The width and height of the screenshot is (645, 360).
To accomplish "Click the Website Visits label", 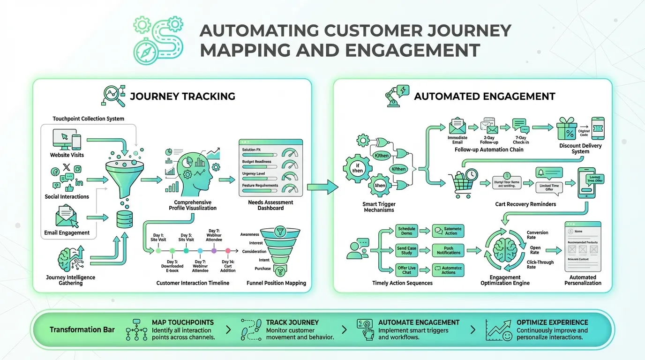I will (x=67, y=155).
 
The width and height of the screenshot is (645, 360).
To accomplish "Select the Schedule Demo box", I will (x=406, y=231).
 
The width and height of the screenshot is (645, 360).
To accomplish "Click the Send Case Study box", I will (x=406, y=250).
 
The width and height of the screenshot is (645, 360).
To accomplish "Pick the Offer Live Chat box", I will (x=406, y=270).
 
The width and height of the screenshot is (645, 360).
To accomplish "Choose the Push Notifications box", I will (x=449, y=250).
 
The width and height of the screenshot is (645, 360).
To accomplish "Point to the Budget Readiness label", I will (x=256, y=162).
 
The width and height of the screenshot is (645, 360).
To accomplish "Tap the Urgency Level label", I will (x=254, y=174).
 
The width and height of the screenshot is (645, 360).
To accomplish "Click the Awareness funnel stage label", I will (x=249, y=234).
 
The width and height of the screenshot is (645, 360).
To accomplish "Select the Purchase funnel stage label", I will (x=262, y=269).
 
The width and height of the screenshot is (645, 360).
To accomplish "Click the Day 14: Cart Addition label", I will (x=228, y=266).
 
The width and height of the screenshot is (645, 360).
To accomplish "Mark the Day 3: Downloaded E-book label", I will (x=172, y=266).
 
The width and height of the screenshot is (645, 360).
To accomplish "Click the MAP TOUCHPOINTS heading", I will (x=183, y=322).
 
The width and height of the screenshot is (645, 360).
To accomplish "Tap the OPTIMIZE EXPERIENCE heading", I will (x=552, y=322).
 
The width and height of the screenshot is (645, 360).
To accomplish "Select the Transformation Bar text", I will (x=82, y=330).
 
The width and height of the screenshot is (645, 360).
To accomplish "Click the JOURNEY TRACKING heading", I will (x=182, y=97).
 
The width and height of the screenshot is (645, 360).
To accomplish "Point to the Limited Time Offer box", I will (x=549, y=187).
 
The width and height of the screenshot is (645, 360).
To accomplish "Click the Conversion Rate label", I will (x=537, y=235).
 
